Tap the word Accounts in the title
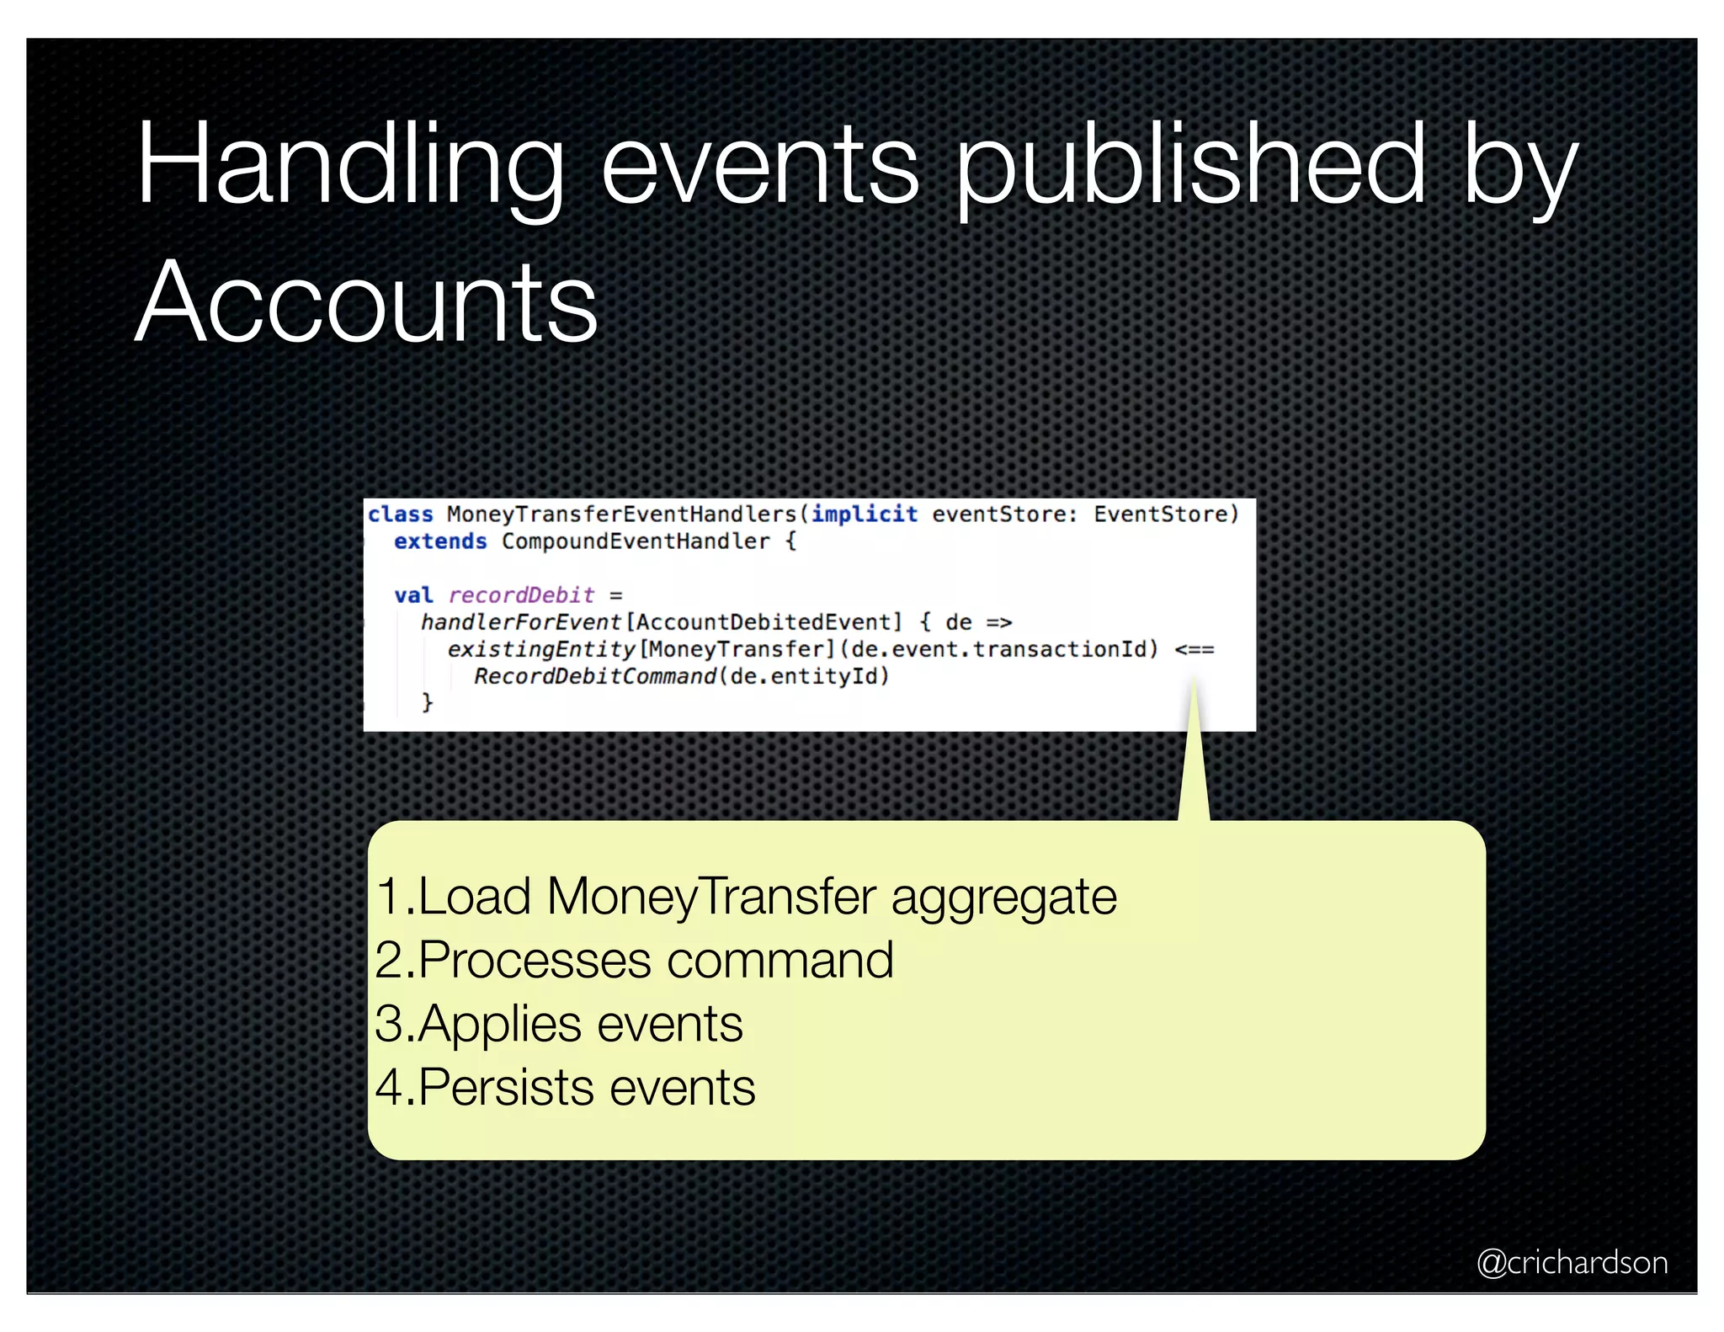366,303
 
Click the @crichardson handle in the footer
1572,1262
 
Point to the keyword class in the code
401,514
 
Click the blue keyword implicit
865,514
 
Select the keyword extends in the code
440,541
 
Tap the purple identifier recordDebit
521,595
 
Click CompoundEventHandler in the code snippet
636,541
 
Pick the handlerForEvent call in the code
521,622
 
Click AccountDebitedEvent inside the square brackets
764,622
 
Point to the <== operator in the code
1195,649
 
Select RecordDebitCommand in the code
595,676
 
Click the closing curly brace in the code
428,702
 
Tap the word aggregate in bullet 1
1003,897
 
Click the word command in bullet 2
780,960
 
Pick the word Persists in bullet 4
508,1087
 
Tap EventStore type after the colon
1166,514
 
